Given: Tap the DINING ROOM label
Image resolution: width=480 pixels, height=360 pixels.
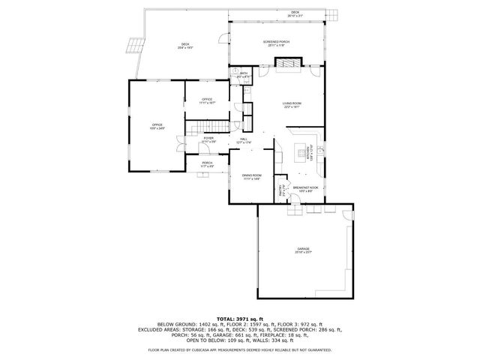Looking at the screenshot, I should (250, 177).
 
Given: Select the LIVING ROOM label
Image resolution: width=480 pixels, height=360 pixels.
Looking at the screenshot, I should (292, 105).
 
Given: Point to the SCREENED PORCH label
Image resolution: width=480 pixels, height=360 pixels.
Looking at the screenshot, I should (276, 43).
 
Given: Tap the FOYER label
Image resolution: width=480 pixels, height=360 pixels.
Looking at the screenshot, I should (208, 139).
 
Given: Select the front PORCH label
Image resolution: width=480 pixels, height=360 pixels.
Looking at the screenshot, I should (207, 164).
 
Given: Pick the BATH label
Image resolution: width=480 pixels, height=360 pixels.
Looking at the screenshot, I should (244, 74).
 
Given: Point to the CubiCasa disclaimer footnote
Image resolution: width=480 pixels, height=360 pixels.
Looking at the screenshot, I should (239, 349).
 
